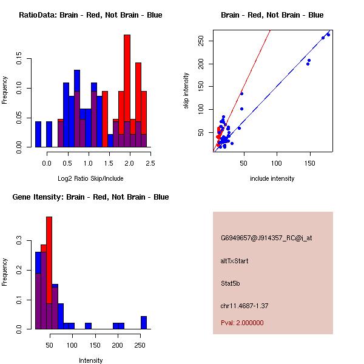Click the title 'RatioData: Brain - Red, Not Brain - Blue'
coord(90,15)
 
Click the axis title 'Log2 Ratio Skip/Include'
coord(90,178)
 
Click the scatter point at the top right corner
coord(328,35)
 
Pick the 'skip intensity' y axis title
coord(186,91)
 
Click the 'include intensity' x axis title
coord(272,178)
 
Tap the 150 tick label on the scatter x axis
coord(309,163)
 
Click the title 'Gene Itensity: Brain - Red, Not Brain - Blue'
coord(90,197)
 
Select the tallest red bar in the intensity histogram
coord(49,272)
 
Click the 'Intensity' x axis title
coord(90,360)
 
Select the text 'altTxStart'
coord(235,261)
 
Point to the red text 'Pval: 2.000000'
coord(242,323)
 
